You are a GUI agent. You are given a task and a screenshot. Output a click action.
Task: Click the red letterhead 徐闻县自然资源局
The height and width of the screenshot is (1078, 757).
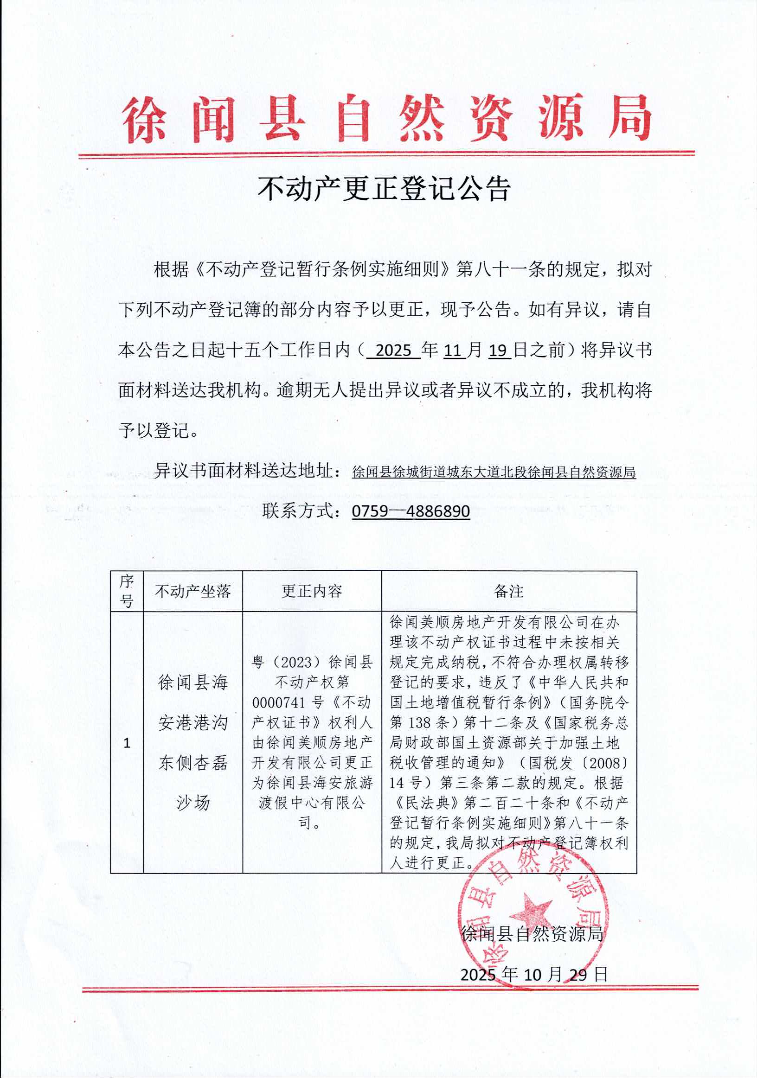(x=386, y=118)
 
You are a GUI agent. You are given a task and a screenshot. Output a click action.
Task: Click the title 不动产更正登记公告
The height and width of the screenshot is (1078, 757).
(x=384, y=189)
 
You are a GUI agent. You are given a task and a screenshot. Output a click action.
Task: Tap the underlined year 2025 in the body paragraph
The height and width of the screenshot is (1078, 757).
(x=393, y=351)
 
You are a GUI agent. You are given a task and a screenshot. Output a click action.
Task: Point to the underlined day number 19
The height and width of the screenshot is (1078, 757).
(x=499, y=351)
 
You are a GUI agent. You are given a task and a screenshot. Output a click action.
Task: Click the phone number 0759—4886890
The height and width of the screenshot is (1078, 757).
(x=411, y=511)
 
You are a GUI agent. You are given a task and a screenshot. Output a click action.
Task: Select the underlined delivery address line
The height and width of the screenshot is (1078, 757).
(x=494, y=472)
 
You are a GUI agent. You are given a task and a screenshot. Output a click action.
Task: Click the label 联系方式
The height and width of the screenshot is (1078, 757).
(x=302, y=511)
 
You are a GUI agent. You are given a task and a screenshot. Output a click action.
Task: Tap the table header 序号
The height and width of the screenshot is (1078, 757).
(x=126, y=591)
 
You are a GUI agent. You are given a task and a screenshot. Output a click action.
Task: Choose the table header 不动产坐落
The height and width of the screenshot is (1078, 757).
(x=192, y=592)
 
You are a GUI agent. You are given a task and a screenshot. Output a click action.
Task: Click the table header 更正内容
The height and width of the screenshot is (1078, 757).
(x=312, y=592)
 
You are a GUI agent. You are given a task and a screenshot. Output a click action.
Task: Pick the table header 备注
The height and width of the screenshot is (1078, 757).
(x=508, y=592)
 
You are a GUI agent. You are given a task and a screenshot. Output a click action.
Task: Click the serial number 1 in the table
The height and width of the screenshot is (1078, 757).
(x=126, y=743)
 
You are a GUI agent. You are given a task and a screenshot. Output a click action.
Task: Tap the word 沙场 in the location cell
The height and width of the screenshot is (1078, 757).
(x=192, y=803)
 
